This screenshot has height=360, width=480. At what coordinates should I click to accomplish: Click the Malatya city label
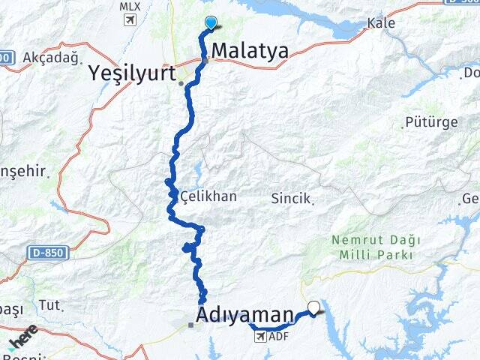coord(250,51)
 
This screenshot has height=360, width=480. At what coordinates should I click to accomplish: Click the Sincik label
coord(292,198)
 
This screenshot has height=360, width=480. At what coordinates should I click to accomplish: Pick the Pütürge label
coord(425,121)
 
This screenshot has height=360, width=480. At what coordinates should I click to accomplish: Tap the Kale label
coord(381,23)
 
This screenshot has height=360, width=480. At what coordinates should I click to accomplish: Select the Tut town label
coord(49,304)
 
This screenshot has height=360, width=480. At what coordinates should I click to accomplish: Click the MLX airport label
coord(130,7)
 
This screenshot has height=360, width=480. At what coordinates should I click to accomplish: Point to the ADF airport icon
coord(260,337)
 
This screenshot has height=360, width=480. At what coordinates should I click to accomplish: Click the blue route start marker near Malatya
coord(211,23)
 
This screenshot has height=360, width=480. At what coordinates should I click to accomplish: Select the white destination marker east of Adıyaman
coord(313,306)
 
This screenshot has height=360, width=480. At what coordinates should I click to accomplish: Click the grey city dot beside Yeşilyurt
coord(181,83)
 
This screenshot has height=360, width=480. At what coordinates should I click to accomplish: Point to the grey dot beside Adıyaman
coord(191,325)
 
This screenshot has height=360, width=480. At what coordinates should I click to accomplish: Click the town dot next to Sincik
coord(313,201)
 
